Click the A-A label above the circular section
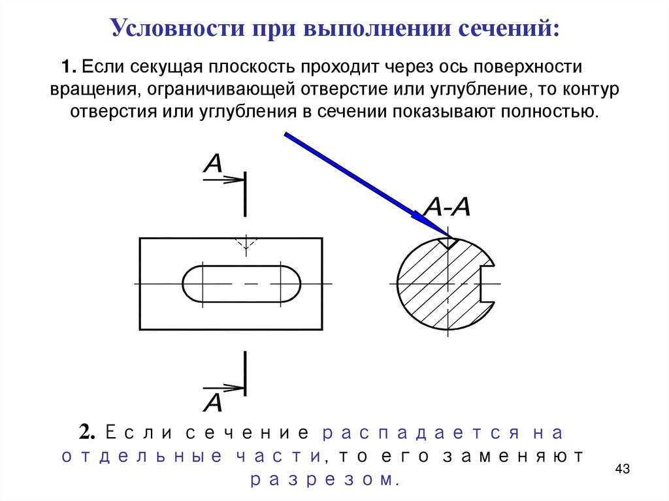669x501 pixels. [447, 207]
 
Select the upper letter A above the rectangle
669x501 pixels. [213, 163]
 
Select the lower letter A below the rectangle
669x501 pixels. [213, 402]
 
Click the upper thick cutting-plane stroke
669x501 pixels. [245, 194]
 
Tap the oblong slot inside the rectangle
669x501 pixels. [242, 283]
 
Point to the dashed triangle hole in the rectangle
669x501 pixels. [245, 244]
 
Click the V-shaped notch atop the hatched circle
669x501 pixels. [448, 243]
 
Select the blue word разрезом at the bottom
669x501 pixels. [323, 480]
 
